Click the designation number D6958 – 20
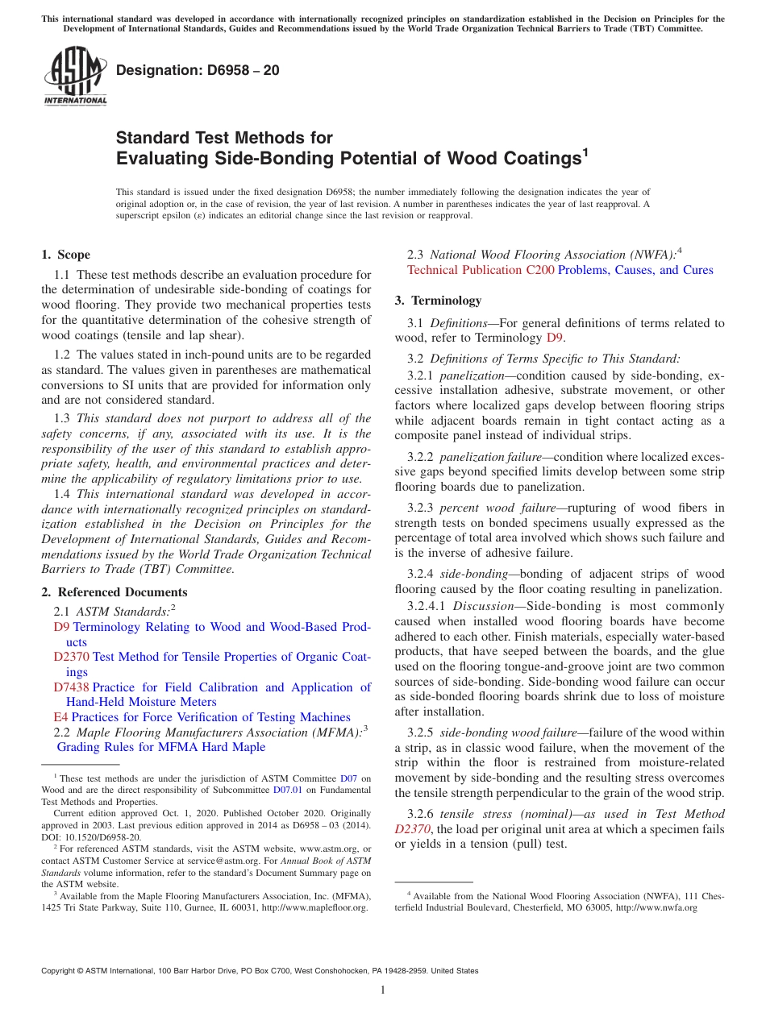198,70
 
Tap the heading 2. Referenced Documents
114,592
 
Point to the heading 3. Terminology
438,301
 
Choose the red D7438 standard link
71,687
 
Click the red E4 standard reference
60,717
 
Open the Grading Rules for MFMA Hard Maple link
160,747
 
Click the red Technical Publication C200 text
481,270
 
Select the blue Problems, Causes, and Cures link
635,270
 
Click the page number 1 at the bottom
383,990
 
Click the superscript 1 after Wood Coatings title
585,151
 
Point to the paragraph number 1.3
62,418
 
